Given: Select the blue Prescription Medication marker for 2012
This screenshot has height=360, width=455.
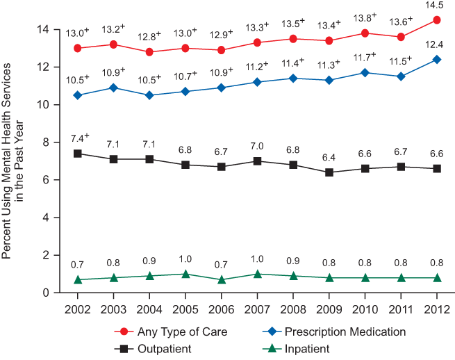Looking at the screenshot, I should (437, 59).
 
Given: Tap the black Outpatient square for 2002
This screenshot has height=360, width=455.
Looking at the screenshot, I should (77, 154).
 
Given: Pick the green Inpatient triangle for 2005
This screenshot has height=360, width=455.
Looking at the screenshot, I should (185, 274).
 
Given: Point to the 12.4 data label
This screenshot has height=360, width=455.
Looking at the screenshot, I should (437, 44).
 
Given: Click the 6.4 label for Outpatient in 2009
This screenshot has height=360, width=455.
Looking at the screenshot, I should (329, 158).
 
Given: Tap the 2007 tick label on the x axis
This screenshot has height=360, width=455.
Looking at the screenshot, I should (257, 308).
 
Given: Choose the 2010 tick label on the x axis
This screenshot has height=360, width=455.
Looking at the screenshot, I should (365, 308).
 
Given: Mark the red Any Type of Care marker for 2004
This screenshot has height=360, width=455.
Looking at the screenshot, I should (149, 52).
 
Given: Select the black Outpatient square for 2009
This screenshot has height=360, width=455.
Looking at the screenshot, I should (329, 172).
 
